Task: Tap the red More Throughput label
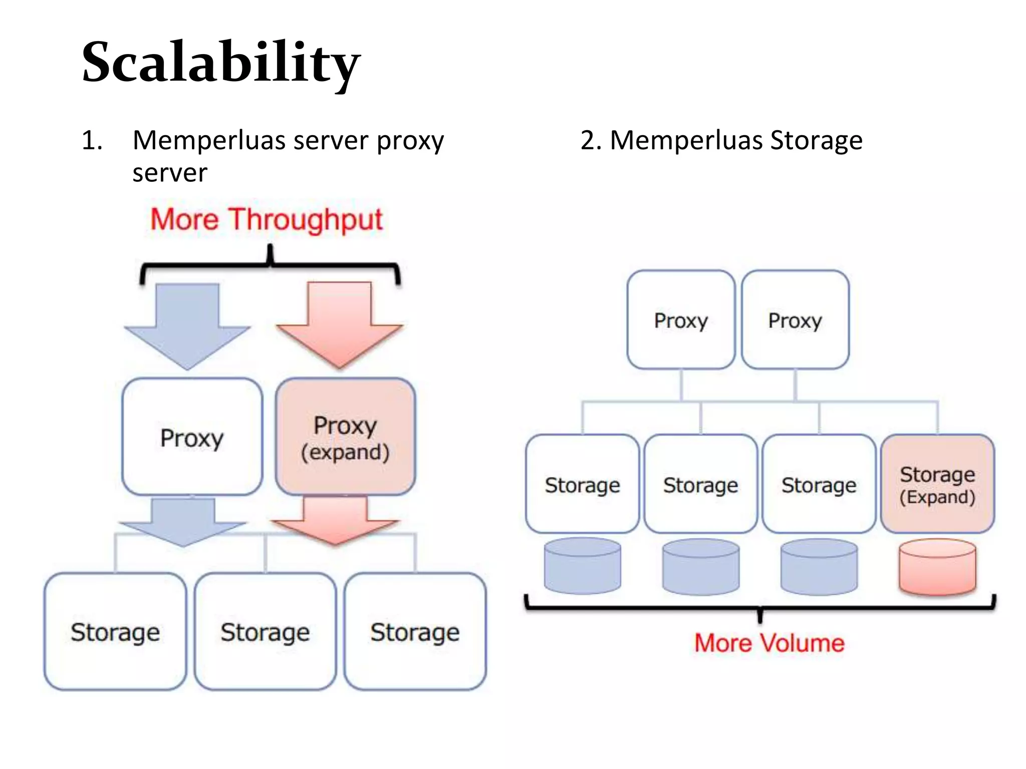pyautogui.click(x=267, y=219)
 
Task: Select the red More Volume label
pyautogui.click(x=769, y=643)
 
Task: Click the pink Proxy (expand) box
pyautogui.click(x=345, y=437)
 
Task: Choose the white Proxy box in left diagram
pyautogui.click(x=192, y=437)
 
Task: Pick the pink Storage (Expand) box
pyautogui.click(x=937, y=484)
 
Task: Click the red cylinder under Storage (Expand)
pyautogui.click(x=937, y=567)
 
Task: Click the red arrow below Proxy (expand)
pyautogui.click(x=335, y=521)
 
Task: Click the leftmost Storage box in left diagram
pyautogui.click(x=115, y=631)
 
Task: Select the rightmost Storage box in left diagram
pyautogui.click(x=415, y=631)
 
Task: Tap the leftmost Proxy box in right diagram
pyautogui.click(x=681, y=320)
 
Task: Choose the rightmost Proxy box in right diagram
pyautogui.click(x=795, y=320)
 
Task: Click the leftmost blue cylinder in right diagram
pyautogui.click(x=582, y=566)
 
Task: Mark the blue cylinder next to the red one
pyautogui.click(x=819, y=567)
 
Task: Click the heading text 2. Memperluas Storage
pyautogui.click(x=721, y=140)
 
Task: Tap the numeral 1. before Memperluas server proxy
pyautogui.click(x=92, y=140)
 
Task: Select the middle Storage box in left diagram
pyautogui.click(x=265, y=631)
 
